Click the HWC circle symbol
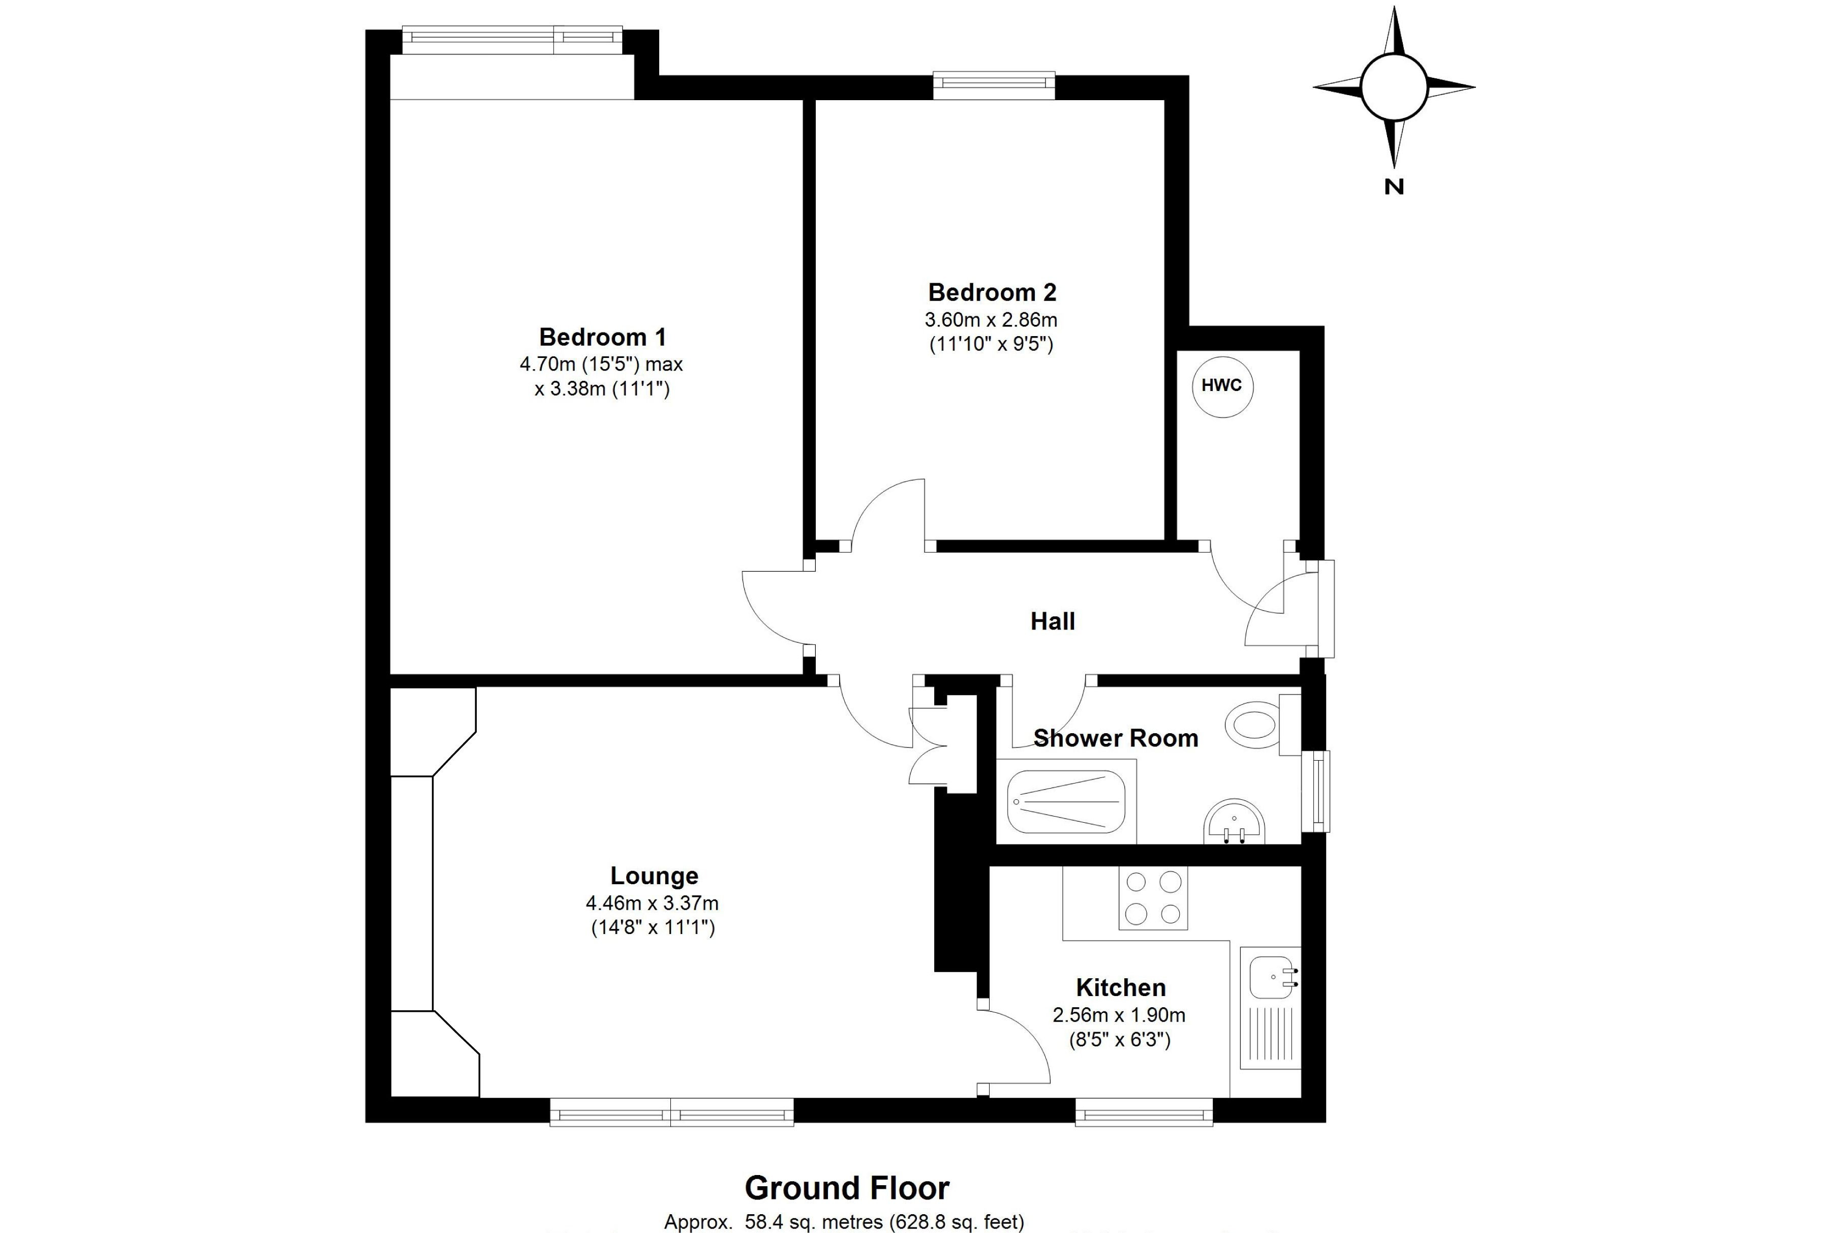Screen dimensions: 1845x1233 point(1222,386)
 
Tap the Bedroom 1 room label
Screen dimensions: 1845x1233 point(603,337)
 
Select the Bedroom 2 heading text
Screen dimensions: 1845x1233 point(992,292)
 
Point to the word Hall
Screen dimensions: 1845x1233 point(1053,621)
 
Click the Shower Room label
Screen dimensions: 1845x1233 point(1116,738)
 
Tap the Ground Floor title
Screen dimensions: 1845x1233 point(847,1188)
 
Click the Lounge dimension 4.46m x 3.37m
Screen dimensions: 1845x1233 point(653,904)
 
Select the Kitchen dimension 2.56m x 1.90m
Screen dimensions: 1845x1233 point(1119,1015)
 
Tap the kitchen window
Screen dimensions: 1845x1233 point(1144,1112)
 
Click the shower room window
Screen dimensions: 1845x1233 point(1316,791)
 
